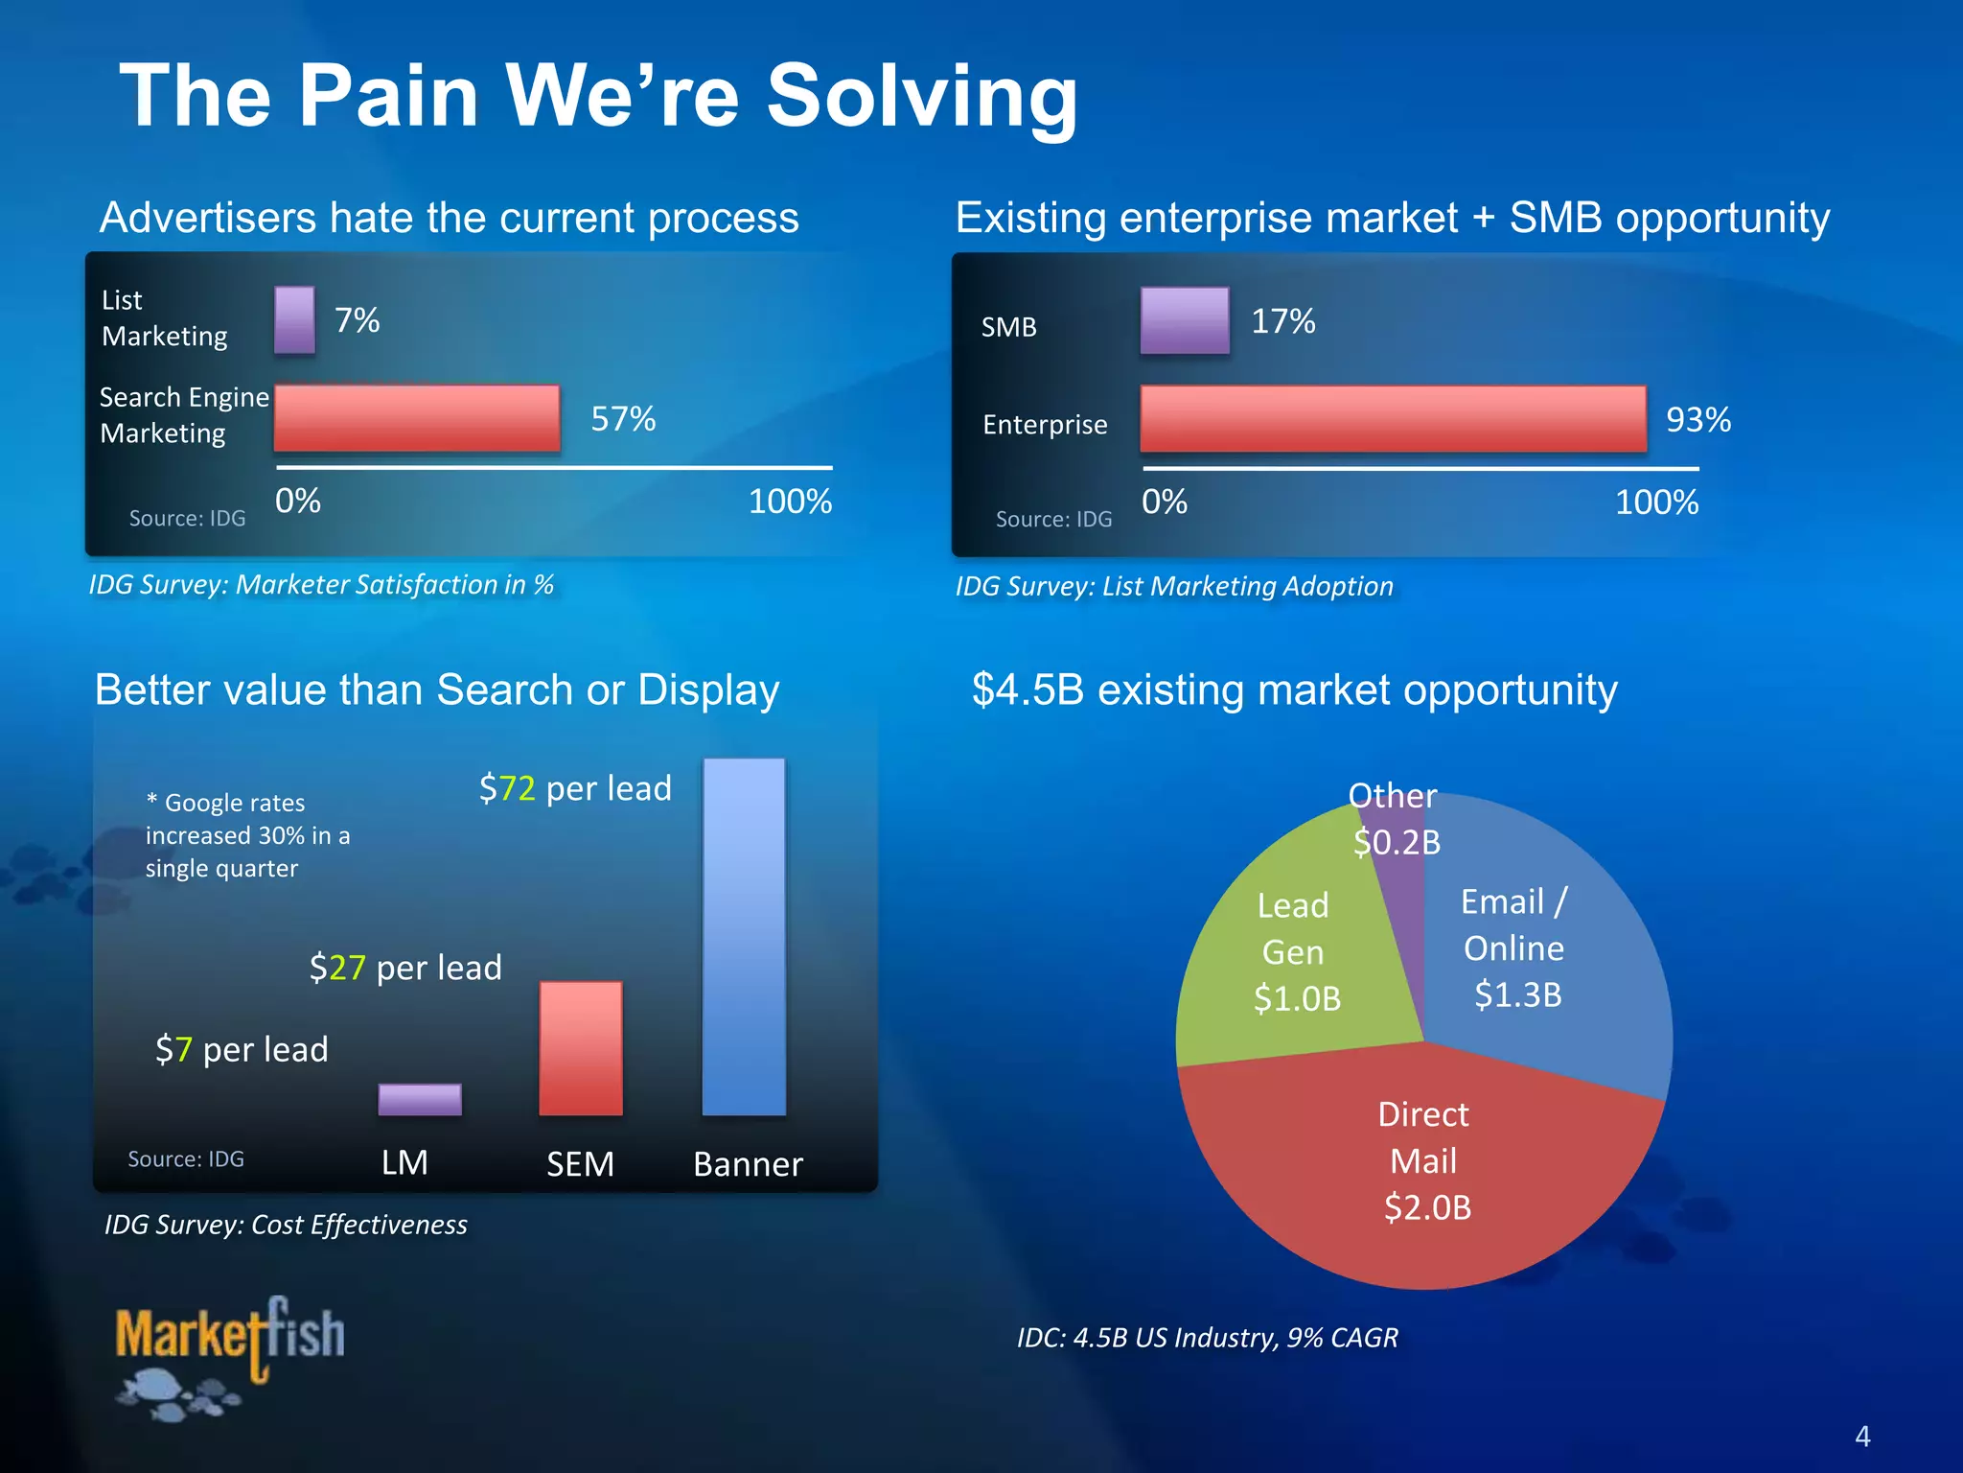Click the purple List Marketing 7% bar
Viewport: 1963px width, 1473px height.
point(294,320)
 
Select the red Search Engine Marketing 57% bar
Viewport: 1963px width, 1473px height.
point(417,418)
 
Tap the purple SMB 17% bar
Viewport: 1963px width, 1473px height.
point(1185,320)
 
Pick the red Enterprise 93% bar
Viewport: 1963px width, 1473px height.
point(1393,419)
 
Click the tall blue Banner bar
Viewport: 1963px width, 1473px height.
point(744,936)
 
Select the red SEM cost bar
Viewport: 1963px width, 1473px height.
point(581,1048)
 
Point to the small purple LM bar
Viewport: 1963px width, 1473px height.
point(420,1099)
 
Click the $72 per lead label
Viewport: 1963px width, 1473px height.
point(575,788)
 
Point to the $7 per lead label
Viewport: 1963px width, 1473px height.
point(242,1049)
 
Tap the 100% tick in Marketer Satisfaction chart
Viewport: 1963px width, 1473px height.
point(790,501)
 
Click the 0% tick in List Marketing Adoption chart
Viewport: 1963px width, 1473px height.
point(1164,502)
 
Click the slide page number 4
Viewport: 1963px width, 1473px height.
point(1862,1436)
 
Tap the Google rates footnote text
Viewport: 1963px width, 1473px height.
point(247,835)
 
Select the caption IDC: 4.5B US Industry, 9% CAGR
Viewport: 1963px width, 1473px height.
point(1207,1337)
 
